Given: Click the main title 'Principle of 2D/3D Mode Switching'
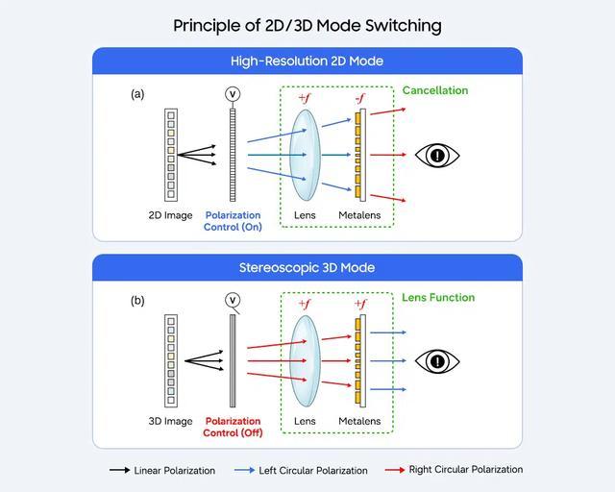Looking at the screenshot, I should point(307,24).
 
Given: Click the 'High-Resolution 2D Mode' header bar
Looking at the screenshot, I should point(307,61).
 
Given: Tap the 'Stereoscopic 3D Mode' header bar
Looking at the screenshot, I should point(307,267).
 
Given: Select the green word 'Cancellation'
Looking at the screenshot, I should point(435,90).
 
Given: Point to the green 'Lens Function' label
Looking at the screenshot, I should point(438,298).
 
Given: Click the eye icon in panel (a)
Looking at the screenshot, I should point(437,155).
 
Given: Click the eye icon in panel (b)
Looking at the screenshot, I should point(437,360).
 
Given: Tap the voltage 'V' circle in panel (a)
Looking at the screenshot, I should point(232,93).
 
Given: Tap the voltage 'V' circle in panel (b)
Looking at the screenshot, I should point(232,300).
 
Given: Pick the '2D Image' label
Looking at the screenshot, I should point(170,215).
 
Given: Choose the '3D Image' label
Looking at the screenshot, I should point(170,421).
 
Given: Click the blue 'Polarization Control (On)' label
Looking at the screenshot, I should point(233,221).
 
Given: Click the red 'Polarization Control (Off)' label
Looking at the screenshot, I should point(233,427).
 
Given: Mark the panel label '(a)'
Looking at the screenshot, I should point(137,94).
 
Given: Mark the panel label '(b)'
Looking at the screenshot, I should point(137,300).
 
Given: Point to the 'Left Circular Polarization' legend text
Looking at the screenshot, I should point(313,471).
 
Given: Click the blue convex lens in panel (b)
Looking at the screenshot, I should point(305,360).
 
